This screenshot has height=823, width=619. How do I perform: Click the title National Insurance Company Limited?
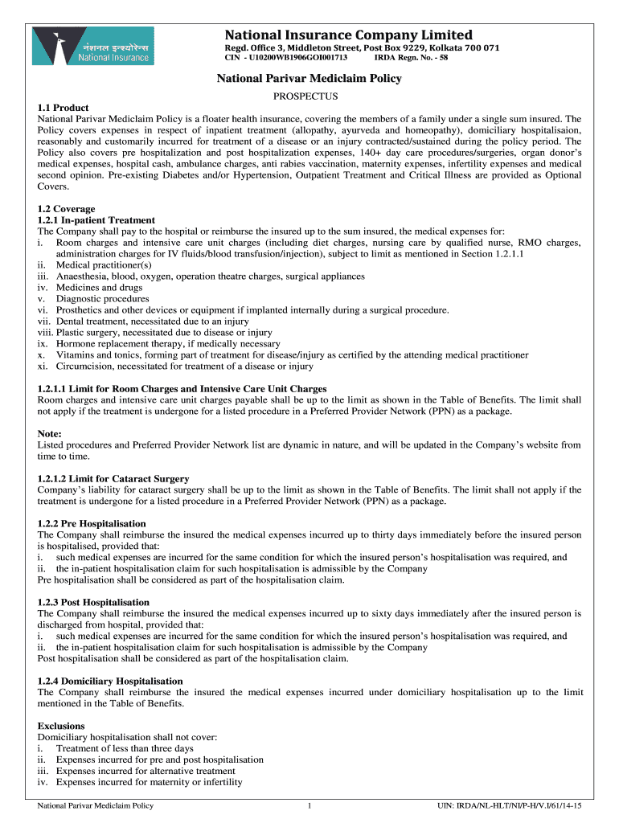348,35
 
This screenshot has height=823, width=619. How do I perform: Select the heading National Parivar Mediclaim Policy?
309,79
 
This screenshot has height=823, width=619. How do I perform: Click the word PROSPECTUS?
309,95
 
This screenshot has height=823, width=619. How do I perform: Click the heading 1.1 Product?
63,108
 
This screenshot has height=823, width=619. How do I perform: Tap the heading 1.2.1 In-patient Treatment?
96,220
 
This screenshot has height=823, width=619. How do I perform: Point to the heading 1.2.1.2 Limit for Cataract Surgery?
113,479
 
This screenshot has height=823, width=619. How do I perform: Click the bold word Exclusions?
61,726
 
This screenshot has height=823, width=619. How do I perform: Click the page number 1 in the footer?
309,805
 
